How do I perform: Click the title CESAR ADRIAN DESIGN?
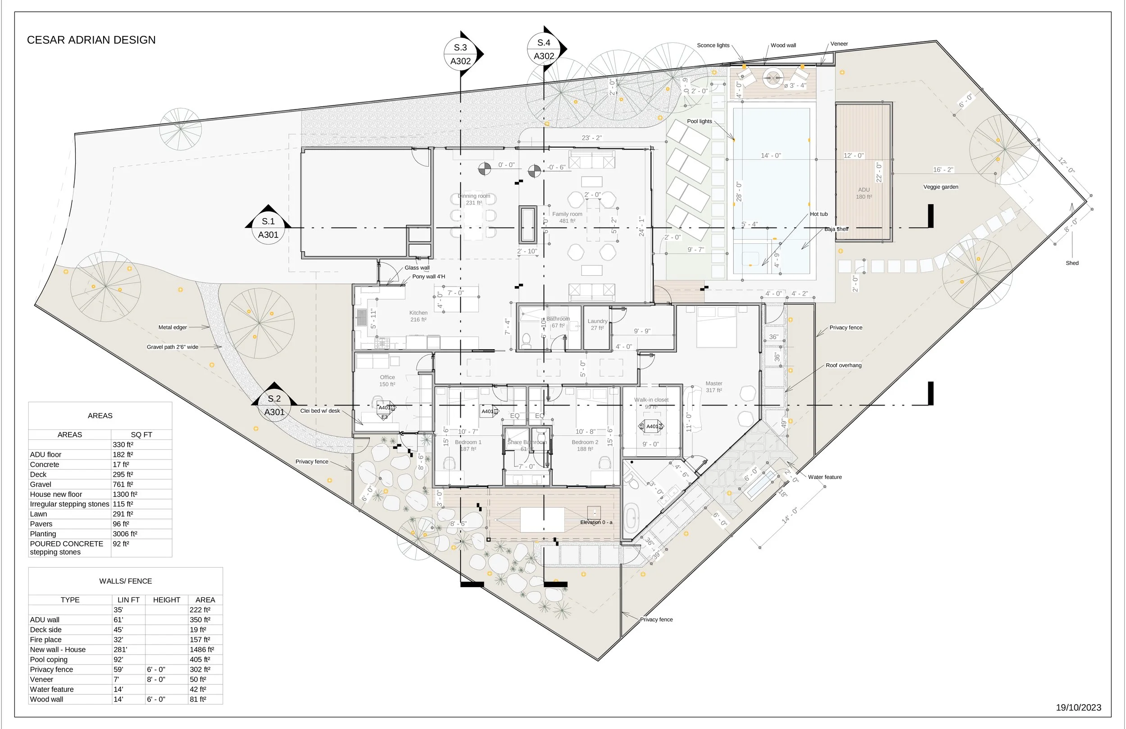[91, 40]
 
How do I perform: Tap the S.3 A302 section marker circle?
[460, 54]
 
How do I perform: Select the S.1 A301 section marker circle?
[268, 228]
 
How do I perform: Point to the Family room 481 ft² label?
[567, 217]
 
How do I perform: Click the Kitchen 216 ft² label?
[418, 316]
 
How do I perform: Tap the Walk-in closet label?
[651, 400]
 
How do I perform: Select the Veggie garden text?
[940, 187]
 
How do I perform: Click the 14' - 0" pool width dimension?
[771, 156]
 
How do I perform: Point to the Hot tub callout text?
[818, 214]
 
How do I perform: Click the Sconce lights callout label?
[713, 46]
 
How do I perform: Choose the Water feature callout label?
[825, 477]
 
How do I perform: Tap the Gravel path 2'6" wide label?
[172, 347]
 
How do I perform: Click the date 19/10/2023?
[1078, 707]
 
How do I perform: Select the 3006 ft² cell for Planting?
[125, 534]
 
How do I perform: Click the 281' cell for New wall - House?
[120, 649]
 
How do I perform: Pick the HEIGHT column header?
[167, 600]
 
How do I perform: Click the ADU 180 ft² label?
[863, 193]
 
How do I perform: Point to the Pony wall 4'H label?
[428, 277]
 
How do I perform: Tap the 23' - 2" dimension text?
[591, 138]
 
